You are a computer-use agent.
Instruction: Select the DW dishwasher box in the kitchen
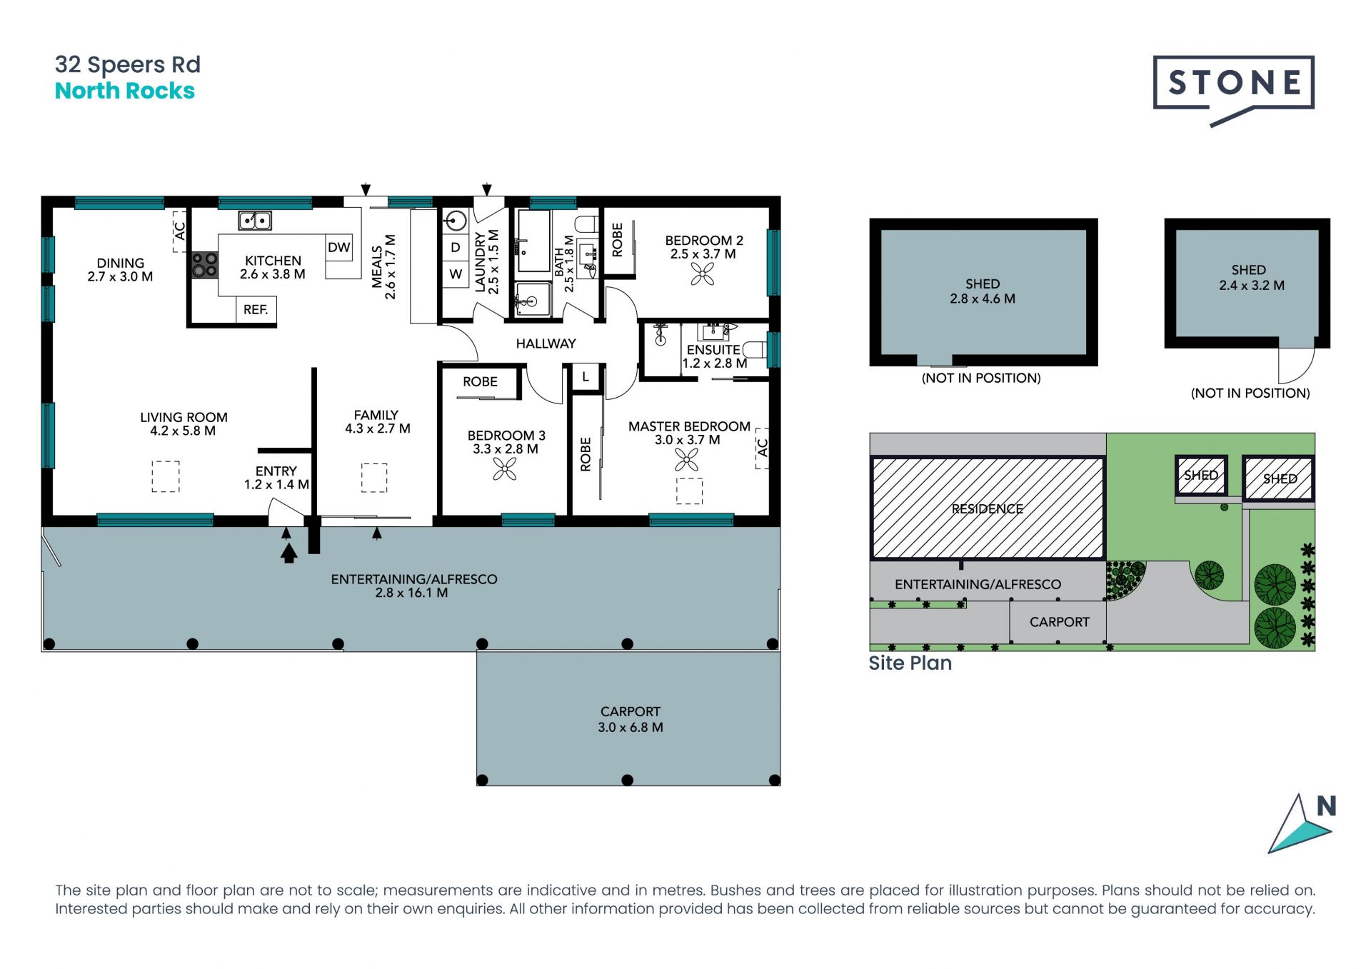pos(338,247)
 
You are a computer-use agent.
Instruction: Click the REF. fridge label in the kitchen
pos(256,310)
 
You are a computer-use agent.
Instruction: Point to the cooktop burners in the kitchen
pos(204,265)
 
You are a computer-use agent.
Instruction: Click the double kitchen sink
pos(255,221)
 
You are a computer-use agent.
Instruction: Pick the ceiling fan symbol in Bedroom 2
pos(703,274)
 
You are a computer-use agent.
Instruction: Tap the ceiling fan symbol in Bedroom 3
pos(505,469)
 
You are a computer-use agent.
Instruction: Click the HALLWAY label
pos(546,344)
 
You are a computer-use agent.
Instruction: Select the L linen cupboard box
pos(586,377)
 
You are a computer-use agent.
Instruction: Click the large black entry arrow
pos(288,553)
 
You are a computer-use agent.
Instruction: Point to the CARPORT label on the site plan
pos(1060,622)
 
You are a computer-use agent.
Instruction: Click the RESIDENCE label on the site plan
pos(987,508)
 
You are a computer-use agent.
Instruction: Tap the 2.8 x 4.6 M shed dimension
pos(983,299)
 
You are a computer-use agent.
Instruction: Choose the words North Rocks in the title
pos(125,91)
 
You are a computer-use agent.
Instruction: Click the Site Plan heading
pos(910,663)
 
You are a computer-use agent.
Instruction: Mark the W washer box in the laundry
pos(456,274)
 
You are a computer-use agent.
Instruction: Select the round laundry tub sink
pos(455,221)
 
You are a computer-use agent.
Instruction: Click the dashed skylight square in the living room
pos(166,476)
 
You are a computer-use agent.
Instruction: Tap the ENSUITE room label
pos(713,350)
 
